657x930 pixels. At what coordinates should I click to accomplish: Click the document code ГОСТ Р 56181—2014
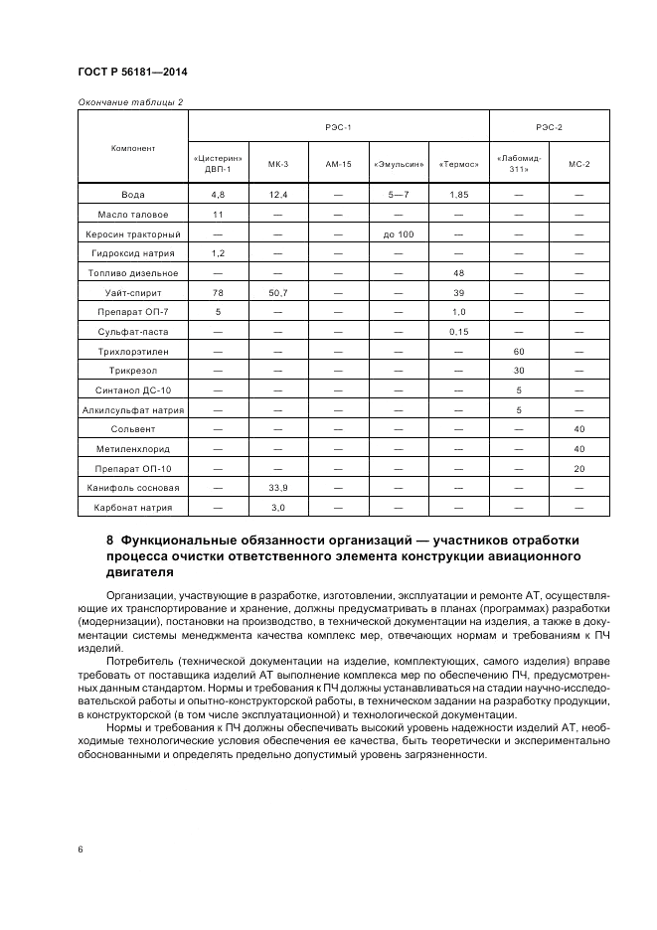coord(132,73)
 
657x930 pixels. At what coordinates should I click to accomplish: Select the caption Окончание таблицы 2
coord(129,101)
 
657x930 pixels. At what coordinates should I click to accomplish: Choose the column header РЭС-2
coord(549,127)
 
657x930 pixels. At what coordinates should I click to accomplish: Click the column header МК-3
coord(278,164)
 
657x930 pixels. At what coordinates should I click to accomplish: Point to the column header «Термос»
coord(458,164)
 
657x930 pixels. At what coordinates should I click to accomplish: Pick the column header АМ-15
coord(338,164)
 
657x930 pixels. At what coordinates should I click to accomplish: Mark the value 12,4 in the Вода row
coord(278,195)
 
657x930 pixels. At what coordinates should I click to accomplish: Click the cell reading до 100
coord(398,233)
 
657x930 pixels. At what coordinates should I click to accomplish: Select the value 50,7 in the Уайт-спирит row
coord(278,292)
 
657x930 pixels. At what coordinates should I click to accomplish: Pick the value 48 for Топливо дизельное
coord(458,272)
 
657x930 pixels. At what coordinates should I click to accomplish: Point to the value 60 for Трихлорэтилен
coord(519,351)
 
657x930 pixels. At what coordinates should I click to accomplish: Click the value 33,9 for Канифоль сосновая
coord(278,488)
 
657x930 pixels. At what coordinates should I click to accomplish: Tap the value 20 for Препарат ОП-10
coord(579,468)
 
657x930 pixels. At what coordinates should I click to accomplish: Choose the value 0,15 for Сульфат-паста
coord(458,331)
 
